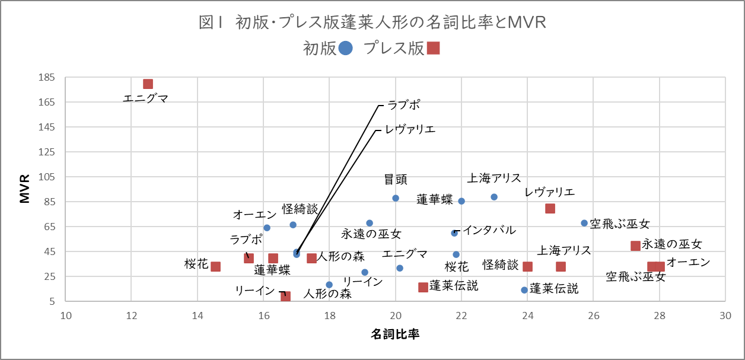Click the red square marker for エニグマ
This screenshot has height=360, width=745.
148,84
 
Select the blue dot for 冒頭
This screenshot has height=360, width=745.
396,198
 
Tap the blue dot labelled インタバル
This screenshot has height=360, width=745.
454,233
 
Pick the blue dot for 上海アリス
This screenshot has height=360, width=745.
494,197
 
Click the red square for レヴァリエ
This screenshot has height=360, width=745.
550,208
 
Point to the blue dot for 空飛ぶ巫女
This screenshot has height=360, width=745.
584,223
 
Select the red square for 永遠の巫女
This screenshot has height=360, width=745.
635,246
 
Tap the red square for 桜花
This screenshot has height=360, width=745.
216,267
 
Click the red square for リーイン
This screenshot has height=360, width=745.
285,296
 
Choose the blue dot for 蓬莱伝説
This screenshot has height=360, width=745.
524,290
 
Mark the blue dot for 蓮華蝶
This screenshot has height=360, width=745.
461,201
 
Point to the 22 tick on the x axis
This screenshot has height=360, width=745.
461,316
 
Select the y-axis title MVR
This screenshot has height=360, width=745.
25,189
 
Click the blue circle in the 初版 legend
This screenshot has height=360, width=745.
346,48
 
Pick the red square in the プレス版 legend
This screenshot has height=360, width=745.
433,48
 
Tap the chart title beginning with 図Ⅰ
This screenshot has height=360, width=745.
372,22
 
